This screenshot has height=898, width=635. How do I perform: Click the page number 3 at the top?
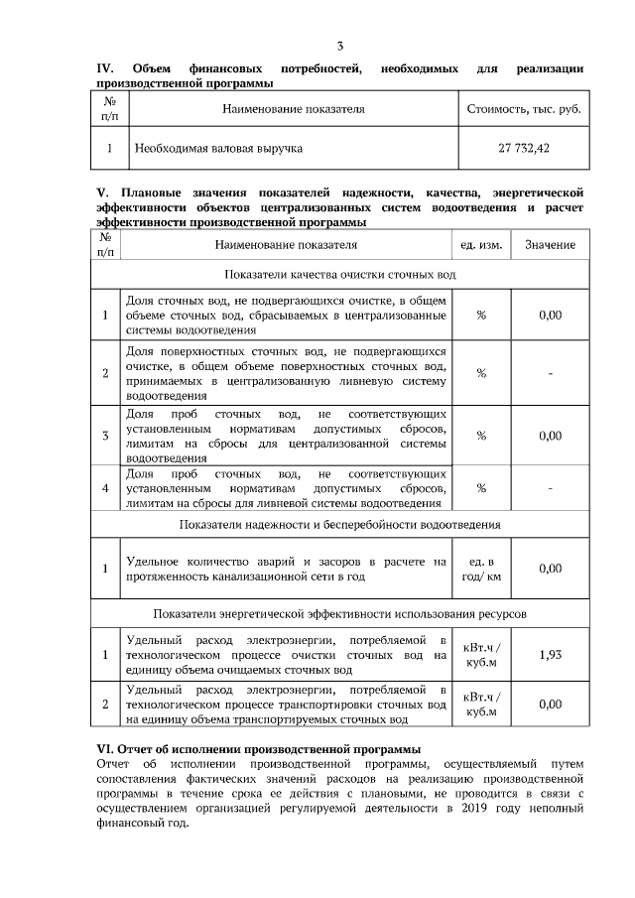(x=340, y=47)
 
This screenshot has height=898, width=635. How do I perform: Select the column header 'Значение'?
(x=550, y=244)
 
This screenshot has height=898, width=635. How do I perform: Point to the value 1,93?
(x=550, y=655)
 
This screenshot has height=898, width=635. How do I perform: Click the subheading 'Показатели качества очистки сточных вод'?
(x=340, y=273)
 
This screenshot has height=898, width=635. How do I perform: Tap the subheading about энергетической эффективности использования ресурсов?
(x=340, y=614)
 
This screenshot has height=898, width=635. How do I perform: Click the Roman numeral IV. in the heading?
(x=106, y=68)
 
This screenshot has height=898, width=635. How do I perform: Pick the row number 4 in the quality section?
(x=105, y=487)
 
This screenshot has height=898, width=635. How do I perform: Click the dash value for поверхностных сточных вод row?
(x=550, y=373)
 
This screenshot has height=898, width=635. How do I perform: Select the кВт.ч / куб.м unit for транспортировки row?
(x=481, y=704)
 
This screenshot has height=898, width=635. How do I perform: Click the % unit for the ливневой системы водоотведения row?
(x=481, y=487)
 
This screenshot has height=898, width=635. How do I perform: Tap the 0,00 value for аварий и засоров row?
(x=550, y=569)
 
